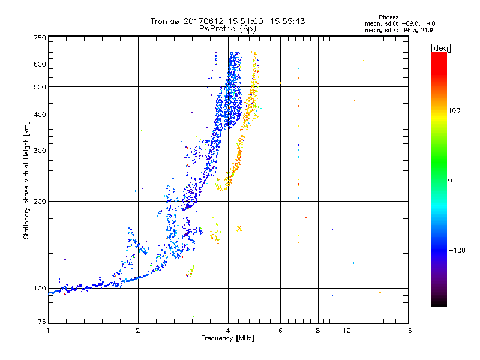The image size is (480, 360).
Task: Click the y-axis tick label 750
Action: (40, 37)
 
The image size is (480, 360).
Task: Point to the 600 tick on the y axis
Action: (40, 64)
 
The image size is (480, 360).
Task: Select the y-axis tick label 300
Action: (40, 151)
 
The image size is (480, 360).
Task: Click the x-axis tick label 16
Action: (407, 331)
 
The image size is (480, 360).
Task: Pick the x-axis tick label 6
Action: (280, 331)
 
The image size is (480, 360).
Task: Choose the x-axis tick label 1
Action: (48, 331)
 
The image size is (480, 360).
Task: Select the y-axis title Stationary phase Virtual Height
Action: (26, 180)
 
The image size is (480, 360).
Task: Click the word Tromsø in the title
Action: (166, 21)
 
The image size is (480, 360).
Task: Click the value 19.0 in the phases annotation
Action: (427, 23)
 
